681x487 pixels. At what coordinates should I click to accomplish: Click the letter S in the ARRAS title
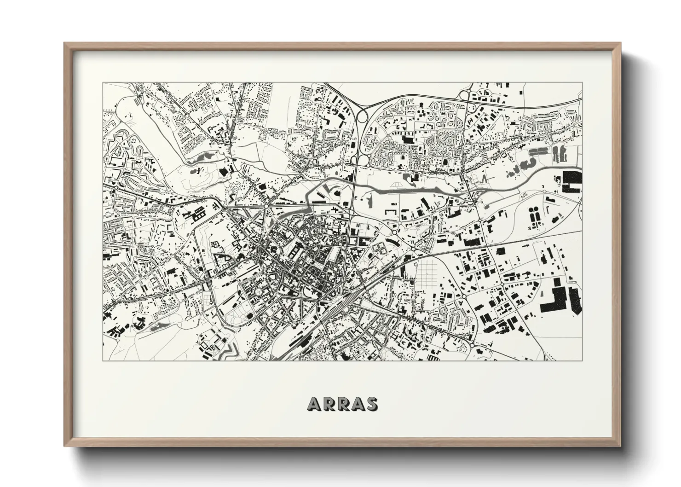click(x=370, y=404)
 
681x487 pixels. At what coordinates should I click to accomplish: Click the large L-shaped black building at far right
click(x=559, y=301)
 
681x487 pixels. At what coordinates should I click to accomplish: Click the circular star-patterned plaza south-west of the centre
click(x=261, y=292)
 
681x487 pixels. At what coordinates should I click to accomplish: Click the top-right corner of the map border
click(x=582, y=83)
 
